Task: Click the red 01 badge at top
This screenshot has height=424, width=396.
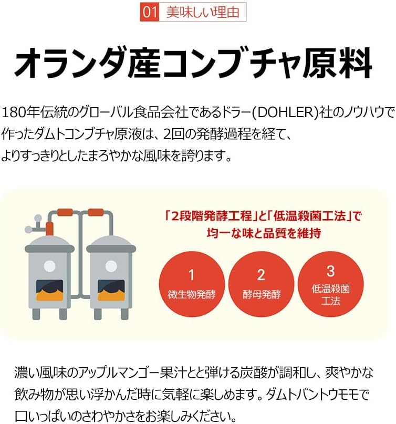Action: click(x=149, y=12)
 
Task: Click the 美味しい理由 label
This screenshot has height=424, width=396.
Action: click(x=203, y=12)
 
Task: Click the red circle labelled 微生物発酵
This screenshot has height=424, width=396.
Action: click(x=192, y=284)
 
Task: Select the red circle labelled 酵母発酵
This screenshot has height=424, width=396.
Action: click(x=261, y=284)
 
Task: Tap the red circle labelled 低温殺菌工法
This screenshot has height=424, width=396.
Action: click(x=330, y=284)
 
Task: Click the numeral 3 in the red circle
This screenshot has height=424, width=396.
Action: click(x=330, y=271)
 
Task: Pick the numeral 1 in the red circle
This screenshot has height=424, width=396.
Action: click(x=192, y=275)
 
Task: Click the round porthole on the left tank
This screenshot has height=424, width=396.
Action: click(x=49, y=266)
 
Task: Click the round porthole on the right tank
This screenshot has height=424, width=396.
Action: click(x=111, y=266)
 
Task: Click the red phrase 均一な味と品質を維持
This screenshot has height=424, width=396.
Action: click(x=264, y=233)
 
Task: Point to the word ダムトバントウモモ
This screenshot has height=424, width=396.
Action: click(x=317, y=395)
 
